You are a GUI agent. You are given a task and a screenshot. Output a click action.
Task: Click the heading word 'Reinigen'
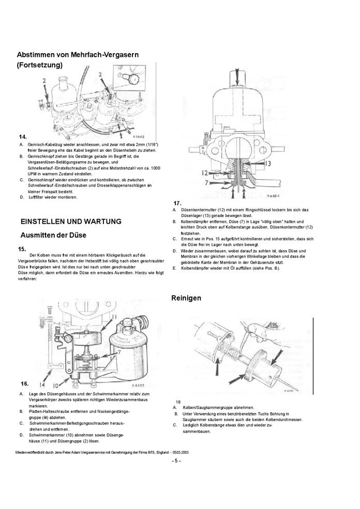pyautogui.click(x=186, y=298)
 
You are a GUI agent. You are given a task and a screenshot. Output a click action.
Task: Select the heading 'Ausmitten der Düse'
pyautogui.click(x=53, y=235)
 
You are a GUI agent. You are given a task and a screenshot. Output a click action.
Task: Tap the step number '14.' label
pyautogui.click(x=23, y=136)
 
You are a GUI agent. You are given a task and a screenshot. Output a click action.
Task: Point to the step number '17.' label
pyautogui.click(x=177, y=203)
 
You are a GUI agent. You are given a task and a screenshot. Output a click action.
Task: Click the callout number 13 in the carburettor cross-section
pyautogui.click(x=268, y=163)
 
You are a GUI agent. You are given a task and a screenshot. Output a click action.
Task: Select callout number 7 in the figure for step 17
pyautogui.click(x=207, y=182)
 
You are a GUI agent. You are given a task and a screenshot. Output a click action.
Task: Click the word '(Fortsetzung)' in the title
pyautogui.click(x=40, y=65)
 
